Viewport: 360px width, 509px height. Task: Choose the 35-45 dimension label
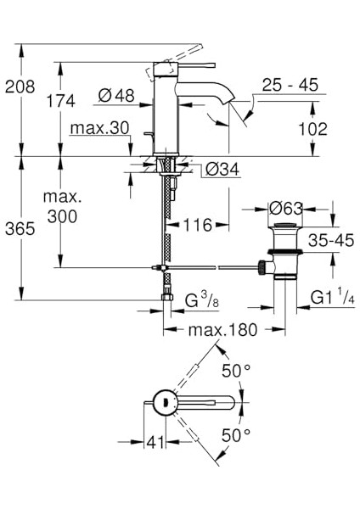(331, 240)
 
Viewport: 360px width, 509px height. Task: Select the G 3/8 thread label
(203, 302)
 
